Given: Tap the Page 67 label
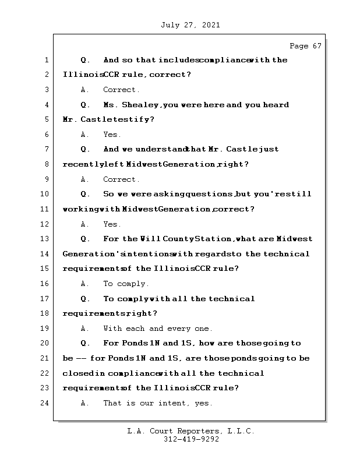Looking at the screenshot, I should [305, 46].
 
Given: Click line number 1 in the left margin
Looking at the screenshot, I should [45, 60].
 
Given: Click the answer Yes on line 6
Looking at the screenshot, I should [111, 135].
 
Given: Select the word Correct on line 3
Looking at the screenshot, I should [121, 90].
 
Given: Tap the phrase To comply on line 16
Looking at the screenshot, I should [126, 284].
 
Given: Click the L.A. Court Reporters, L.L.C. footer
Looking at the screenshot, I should [190, 431].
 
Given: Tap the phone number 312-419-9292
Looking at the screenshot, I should [190, 440].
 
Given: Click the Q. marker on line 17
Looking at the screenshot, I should [85, 299].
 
